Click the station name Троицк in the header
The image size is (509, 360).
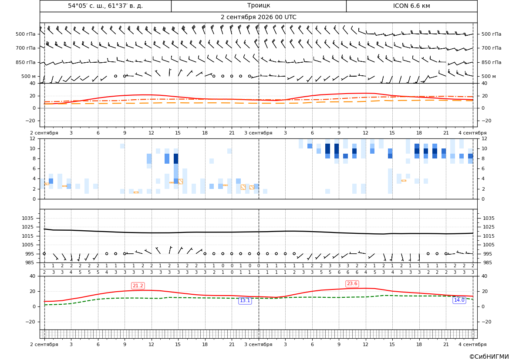click(x=258, y=6)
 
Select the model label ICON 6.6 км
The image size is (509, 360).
click(x=411, y=6)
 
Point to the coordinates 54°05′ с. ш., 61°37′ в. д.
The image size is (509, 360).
click(x=105, y=6)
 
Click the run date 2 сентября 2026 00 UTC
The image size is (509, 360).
click(x=258, y=17)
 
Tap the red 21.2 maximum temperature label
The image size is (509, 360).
click(x=138, y=286)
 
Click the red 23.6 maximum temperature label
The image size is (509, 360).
click(x=352, y=284)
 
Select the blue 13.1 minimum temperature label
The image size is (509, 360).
click(x=245, y=301)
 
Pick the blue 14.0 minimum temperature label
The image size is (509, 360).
click(x=459, y=300)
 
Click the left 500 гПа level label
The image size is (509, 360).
click(x=26, y=34)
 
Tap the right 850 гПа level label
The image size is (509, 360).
click(x=491, y=62)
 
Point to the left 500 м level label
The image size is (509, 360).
click(x=29, y=76)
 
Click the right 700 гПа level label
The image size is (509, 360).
click(x=491, y=48)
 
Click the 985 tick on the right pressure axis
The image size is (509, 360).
click(x=487, y=262)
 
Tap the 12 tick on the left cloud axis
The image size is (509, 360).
click(x=33, y=138)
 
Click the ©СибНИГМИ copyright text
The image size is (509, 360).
click(x=489, y=357)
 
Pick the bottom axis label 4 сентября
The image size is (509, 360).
click(x=472, y=344)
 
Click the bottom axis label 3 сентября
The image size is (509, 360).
click(x=258, y=344)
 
